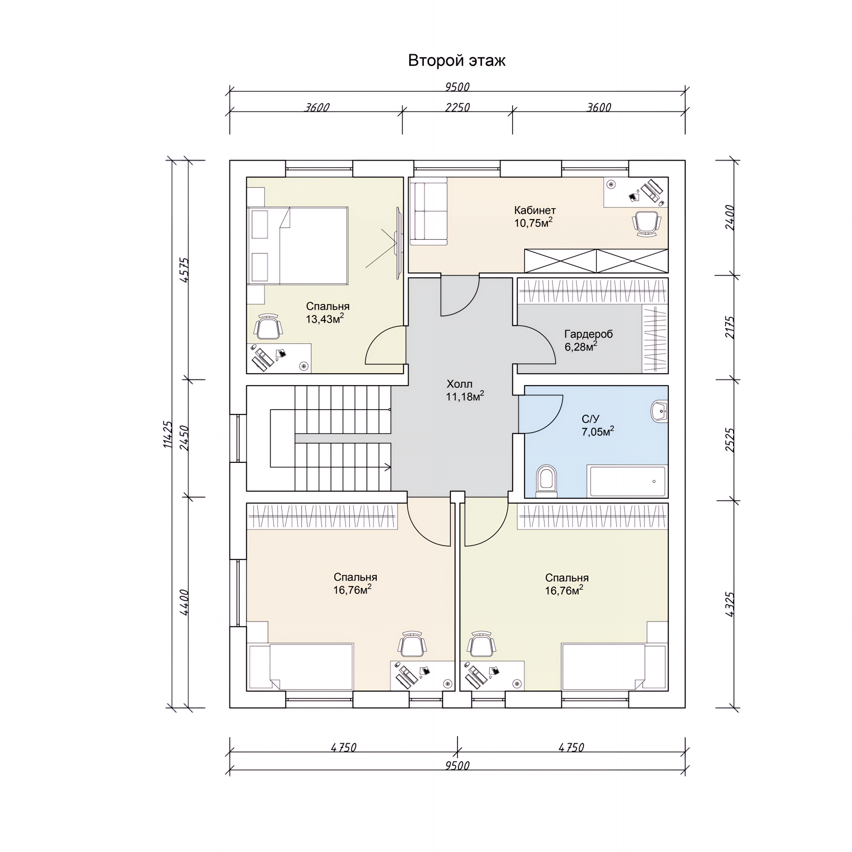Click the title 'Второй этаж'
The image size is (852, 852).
pyautogui.click(x=457, y=61)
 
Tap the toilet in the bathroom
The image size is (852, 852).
pyautogui.click(x=546, y=481)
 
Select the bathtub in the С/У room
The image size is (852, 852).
pyautogui.click(x=627, y=481)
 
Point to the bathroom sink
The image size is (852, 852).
pyautogui.click(x=659, y=411)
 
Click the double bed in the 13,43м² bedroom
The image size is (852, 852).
pyautogui.click(x=297, y=245)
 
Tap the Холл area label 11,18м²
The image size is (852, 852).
pyautogui.click(x=465, y=396)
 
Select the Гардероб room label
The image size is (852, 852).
pyautogui.click(x=588, y=334)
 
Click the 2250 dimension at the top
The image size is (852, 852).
pyautogui.click(x=458, y=107)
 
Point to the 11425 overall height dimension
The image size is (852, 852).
pyautogui.click(x=168, y=434)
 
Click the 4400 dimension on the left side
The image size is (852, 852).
pyautogui.click(x=184, y=602)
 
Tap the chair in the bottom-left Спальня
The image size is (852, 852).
pyautogui.click(x=412, y=644)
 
